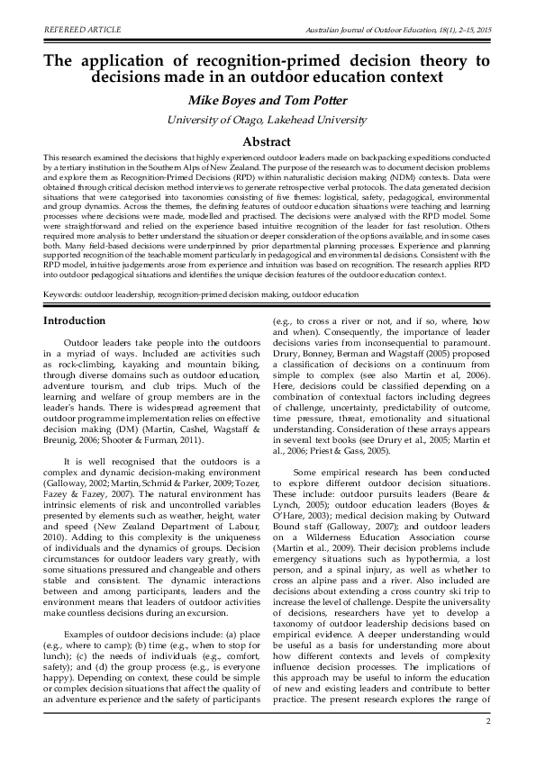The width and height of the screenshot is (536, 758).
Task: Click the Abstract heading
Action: pyautogui.click(x=268, y=142)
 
